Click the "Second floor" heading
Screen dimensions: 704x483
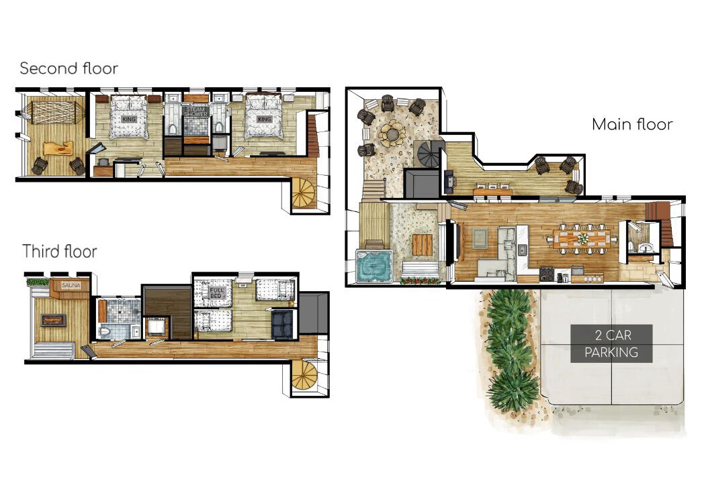tap(69, 68)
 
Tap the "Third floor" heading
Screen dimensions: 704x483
tap(60, 251)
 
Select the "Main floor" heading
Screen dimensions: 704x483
tap(632, 124)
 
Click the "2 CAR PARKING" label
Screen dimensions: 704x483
tap(611, 343)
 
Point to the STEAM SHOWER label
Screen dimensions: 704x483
tap(195, 111)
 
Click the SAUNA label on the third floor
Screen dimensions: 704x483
tap(71, 285)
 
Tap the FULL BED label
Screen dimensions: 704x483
tap(216, 293)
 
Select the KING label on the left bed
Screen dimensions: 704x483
tap(128, 119)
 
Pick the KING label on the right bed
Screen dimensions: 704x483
tap(264, 119)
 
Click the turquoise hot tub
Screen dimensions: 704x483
tap(374, 266)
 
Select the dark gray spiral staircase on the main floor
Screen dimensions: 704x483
tap(429, 154)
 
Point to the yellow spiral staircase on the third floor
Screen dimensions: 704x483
tap(304, 375)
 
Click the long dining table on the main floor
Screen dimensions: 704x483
tap(582, 239)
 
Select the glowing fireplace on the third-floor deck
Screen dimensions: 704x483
tap(54, 320)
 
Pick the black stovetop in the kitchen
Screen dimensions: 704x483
tap(546, 274)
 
